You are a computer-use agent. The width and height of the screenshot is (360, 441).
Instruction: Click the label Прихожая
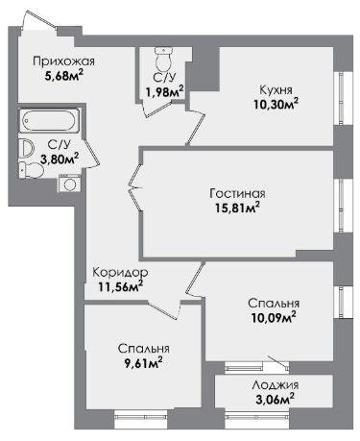(64, 61)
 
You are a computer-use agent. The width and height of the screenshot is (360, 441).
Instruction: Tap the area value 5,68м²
(64, 77)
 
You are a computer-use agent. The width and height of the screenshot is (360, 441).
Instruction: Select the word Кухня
(276, 90)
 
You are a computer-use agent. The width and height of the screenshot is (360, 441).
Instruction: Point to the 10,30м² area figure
(276, 104)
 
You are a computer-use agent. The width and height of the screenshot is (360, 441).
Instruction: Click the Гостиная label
(237, 194)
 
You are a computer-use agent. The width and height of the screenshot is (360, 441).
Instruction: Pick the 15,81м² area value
(237, 208)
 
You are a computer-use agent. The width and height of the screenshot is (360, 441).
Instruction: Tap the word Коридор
(120, 273)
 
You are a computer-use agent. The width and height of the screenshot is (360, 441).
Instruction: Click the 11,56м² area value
(120, 287)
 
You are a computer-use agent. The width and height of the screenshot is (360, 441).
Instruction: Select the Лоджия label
(276, 384)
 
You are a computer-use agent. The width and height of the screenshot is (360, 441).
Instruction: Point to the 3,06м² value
(275, 400)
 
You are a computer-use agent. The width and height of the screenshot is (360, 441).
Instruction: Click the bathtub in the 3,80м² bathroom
(49, 120)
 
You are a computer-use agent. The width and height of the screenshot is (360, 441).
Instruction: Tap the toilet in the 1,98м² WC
(163, 59)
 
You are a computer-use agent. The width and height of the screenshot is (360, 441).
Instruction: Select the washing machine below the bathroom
(69, 184)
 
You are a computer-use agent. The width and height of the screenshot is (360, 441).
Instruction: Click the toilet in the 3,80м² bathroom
(32, 170)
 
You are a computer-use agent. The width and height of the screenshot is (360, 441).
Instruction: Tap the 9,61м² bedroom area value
(144, 363)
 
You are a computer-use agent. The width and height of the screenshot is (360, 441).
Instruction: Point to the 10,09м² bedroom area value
(274, 318)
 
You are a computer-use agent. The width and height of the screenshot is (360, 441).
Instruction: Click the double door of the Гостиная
(135, 187)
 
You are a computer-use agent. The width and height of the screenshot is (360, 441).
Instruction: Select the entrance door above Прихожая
(39, 20)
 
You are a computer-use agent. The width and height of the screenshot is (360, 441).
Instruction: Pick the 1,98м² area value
(165, 92)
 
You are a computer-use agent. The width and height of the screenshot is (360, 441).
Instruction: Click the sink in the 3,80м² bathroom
(27, 148)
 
